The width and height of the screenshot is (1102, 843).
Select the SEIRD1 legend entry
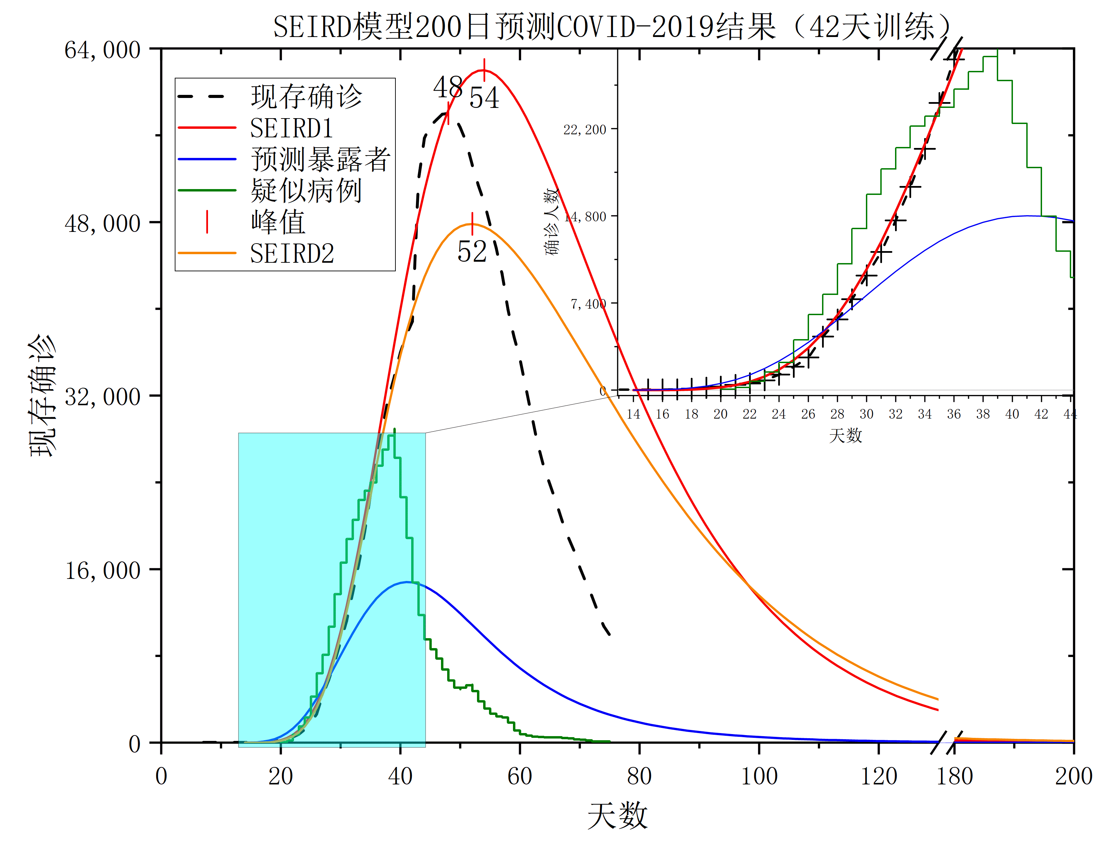(291, 128)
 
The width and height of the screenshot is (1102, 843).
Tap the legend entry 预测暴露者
(320, 160)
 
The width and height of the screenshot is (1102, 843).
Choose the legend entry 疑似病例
(306, 191)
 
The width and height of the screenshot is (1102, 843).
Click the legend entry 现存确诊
(306, 96)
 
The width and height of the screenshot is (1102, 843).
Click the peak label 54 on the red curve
(484, 98)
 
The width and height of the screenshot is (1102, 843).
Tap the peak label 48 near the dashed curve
(448, 87)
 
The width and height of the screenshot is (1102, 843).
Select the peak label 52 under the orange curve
(472, 252)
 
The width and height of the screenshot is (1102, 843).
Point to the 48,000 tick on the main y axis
(103, 223)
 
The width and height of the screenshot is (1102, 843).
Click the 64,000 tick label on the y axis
(103, 50)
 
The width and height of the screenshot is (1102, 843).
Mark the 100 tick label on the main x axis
(759, 776)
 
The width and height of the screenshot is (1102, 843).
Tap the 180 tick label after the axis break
(954, 776)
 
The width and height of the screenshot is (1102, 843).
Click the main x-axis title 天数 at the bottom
(617, 815)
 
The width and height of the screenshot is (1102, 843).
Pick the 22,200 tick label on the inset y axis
(585, 130)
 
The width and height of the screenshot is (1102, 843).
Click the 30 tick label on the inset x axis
(867, 414)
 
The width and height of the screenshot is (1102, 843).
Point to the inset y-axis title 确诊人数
(552, 222)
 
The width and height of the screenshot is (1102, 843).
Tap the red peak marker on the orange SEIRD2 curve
(472, 224)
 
